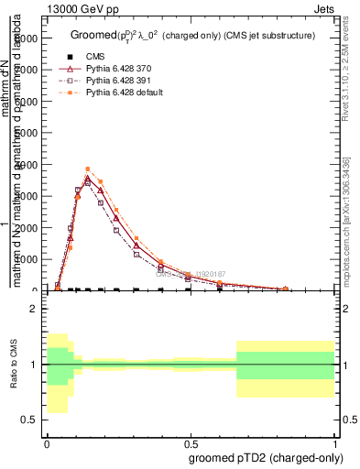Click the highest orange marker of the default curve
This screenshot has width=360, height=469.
click(88, 169)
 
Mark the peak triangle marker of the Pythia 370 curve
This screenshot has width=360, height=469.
click(88, 180)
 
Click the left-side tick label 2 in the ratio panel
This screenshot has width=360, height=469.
click(32, 310)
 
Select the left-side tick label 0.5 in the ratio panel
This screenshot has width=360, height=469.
click(28, 420)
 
